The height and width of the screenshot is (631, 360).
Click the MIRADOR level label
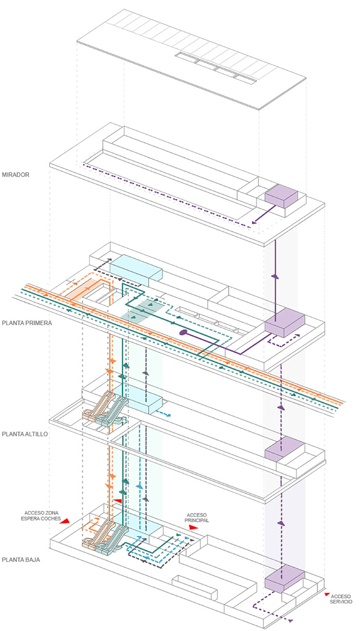click(15, 175)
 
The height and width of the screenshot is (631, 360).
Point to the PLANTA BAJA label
click(20, 560)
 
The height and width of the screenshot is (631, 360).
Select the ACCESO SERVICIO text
click(341, 598)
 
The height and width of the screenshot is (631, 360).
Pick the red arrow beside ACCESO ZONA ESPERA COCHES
click(65, 522)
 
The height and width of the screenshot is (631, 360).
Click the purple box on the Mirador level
click(281, 196)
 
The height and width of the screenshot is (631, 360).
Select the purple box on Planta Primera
click(284, 321)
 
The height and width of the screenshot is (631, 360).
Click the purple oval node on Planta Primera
click(182, 333)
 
